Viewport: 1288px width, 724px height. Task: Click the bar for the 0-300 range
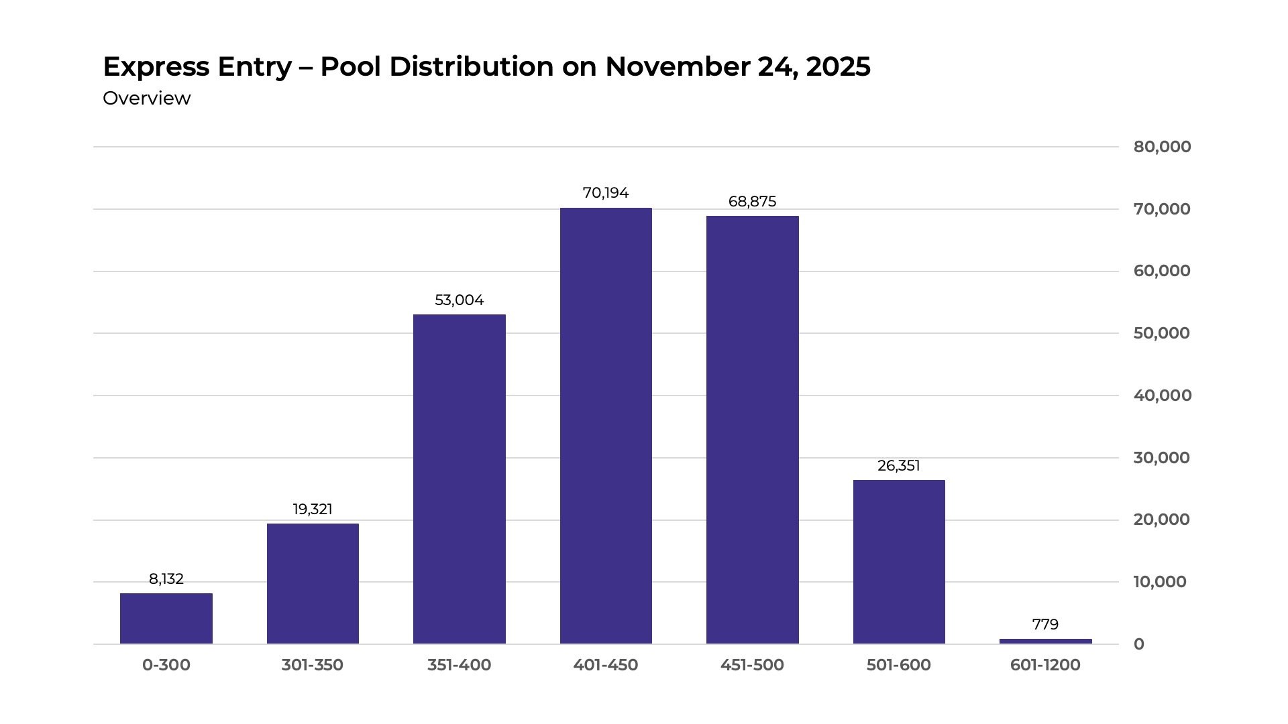click(166, 618)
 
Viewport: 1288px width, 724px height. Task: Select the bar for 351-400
click(460, 479)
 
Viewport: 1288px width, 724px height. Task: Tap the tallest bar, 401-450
click(606, 426)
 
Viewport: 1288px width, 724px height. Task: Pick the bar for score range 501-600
click(899, 562)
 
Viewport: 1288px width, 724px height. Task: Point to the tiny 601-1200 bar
click(1045, 642)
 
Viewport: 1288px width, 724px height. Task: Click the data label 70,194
click(606, 193)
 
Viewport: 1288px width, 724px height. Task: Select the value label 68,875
click(752, 202)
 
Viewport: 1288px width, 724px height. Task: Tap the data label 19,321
click(313, 509)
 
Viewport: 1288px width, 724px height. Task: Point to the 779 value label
click(1045, 625)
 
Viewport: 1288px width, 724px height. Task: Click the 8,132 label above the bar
click(166, 579)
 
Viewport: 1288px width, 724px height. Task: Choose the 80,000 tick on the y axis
click(1162, 147)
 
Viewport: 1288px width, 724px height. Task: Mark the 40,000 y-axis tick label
click(1162, 396)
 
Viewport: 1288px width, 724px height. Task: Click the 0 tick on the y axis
click(1139, 644)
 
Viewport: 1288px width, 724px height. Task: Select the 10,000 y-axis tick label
click(1160, 582)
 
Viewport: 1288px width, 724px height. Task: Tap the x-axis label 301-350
click(313, 665)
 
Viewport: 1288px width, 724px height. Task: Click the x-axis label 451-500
click(752, 665)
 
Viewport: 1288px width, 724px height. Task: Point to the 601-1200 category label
click(1045, 665)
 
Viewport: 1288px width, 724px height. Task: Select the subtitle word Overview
click(147, 99)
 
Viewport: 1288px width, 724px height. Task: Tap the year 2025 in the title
click(839, 66)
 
